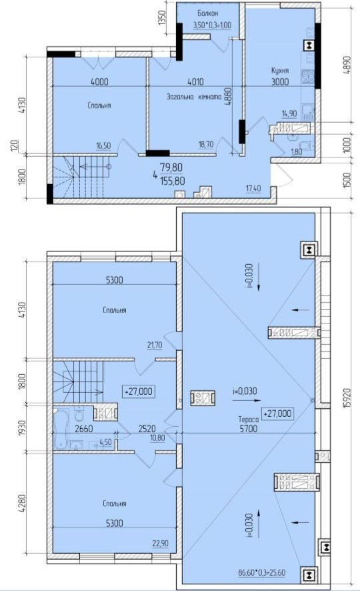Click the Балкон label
point(207,13)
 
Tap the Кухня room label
point(280,71)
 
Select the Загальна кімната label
point(194,97)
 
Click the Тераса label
point(249,419)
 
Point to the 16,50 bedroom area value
point(103,145)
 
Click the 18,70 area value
point(206,144)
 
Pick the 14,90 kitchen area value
point(289,113)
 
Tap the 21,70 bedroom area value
point(155,345)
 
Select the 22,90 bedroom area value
point(161,543)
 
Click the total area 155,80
point(173,181)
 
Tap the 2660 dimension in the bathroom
point(84,428)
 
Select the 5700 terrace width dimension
point(249,428)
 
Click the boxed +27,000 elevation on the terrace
point(278,414)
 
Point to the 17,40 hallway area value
point(253,188)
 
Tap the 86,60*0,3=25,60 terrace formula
point(262,572)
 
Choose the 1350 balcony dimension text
point(162,18)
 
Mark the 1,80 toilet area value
point(297,152)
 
